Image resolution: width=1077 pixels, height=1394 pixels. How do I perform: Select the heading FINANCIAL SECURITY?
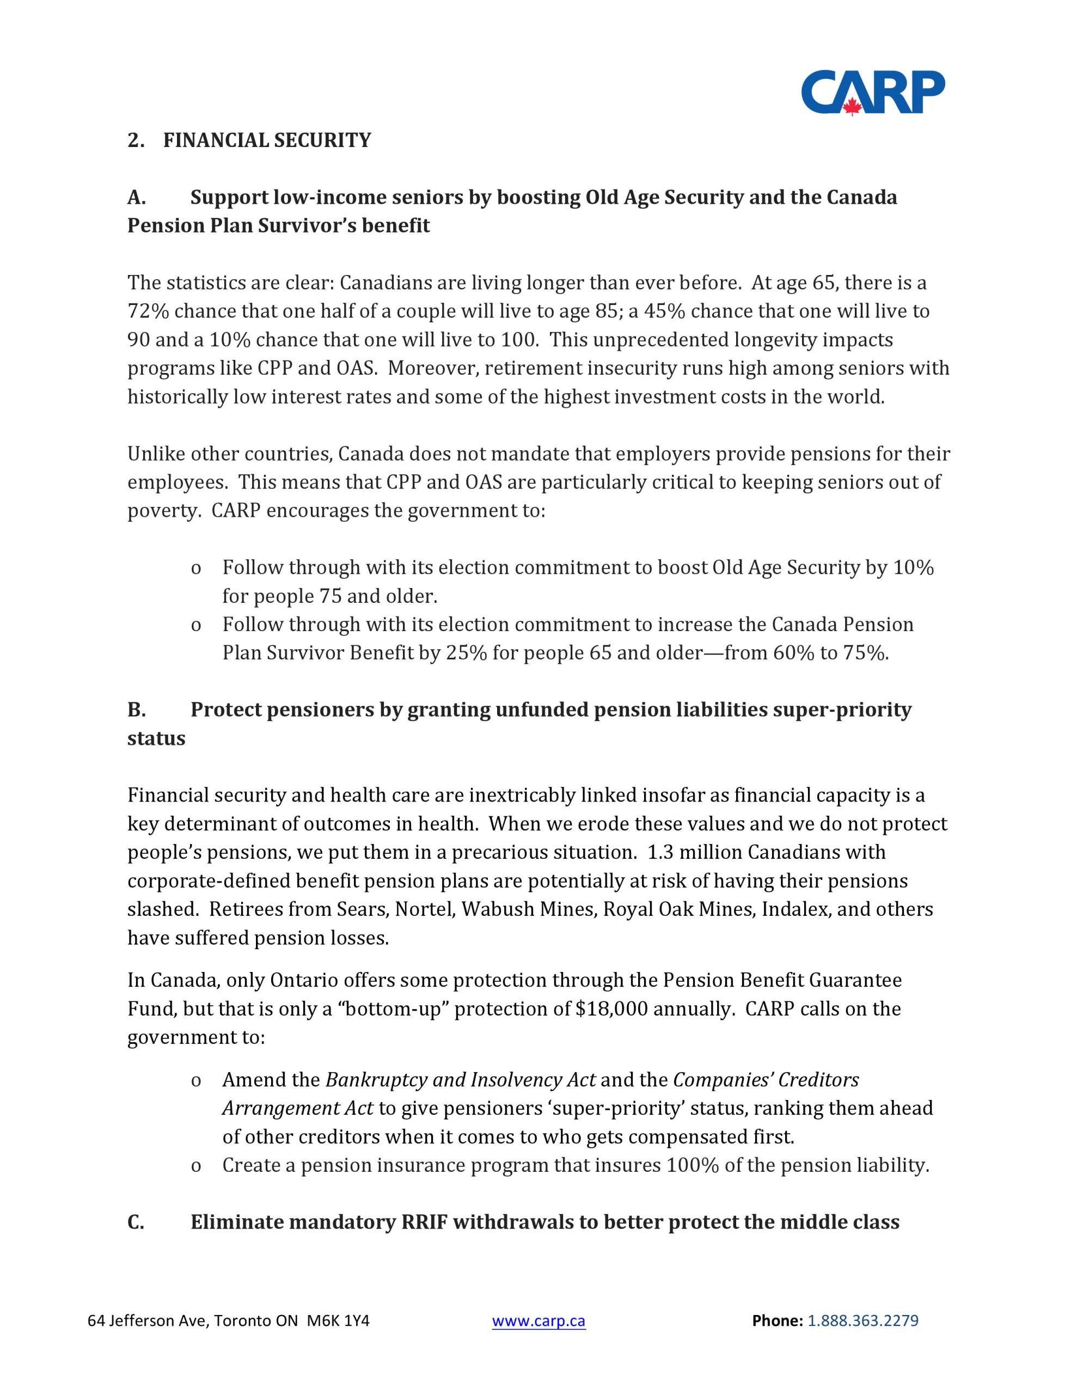(x=267, y=140)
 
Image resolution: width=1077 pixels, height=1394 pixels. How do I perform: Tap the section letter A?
(x=136, y=198)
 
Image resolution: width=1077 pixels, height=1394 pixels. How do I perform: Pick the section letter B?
(x=136, y=710)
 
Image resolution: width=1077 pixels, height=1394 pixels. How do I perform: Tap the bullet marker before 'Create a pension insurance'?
(x=196, y=1166)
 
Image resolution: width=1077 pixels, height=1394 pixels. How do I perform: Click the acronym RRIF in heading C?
(x=423, y=1222)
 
